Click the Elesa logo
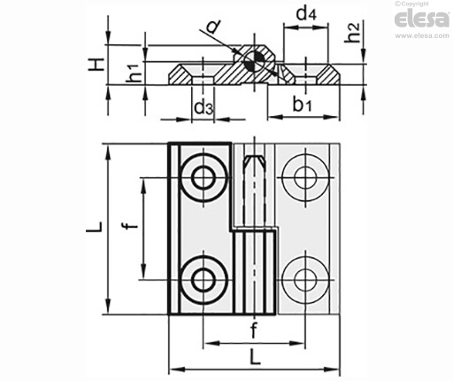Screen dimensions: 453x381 click(x=421, y=19)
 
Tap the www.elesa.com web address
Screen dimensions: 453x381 click(x=422, y=35)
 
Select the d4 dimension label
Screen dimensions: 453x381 click(x=306, y=13)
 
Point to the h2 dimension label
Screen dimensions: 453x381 click(x=353, y=32)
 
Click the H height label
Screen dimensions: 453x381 click(x=96, y=65)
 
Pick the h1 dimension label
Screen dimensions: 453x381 click(x=134, y=73)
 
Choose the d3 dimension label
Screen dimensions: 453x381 click(x=203, y=107)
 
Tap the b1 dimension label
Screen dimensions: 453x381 click(x=302, y=104)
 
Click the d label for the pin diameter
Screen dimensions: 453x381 click(x=213, y=27)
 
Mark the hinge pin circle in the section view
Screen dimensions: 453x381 click(x=254, y=62)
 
